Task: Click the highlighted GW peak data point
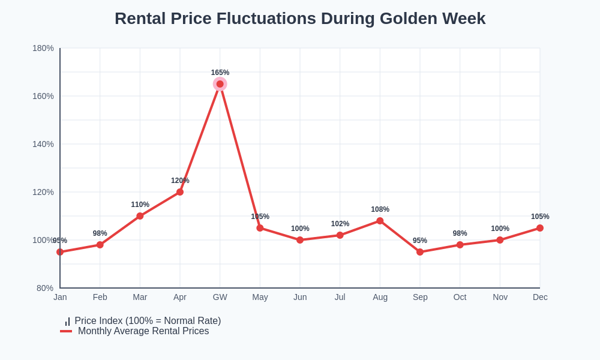tap(220, 84)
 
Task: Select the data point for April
tap(180, 192)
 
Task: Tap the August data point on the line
tap(380, 221)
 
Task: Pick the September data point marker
tap(420, 252)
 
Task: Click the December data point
tap(540, 228)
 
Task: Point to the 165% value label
tap(220, 73)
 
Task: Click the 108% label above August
tap(380, 209)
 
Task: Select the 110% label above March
tap(140, 205)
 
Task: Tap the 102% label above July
tap(340, 224)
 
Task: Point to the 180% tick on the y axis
tap(43, 48)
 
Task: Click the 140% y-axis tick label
tap(43, 144)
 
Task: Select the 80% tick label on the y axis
tap(45, 288)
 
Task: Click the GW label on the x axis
tap(220, 297)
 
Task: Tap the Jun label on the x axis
tap(300, 297)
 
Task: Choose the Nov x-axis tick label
tap(500, 297)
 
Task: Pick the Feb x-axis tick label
tap(100, 297)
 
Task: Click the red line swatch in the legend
tap(66, 331)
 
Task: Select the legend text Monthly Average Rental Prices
tap(143, 331)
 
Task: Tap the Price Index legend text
tap(148, 321)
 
